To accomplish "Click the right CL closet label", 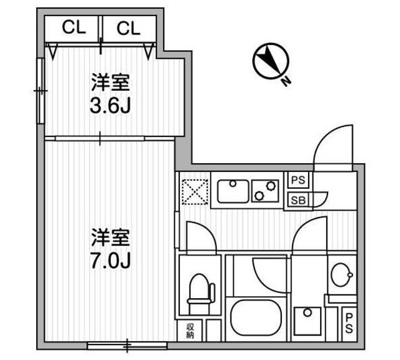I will click(127, 28).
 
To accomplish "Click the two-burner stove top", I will click(266, 191).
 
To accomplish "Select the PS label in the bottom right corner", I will click(349, 323).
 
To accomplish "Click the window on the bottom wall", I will click(127, 344).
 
